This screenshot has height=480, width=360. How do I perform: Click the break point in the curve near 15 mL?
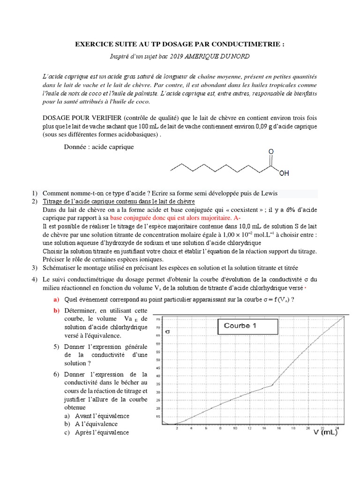273,385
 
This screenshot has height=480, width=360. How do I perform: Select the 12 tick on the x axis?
249,428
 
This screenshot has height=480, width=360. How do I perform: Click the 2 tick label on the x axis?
176,428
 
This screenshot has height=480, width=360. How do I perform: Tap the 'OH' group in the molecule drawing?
284,173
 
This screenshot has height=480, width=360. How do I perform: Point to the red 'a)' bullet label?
56,300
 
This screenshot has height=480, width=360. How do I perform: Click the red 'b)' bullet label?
56,311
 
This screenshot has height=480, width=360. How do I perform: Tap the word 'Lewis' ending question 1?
267,193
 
